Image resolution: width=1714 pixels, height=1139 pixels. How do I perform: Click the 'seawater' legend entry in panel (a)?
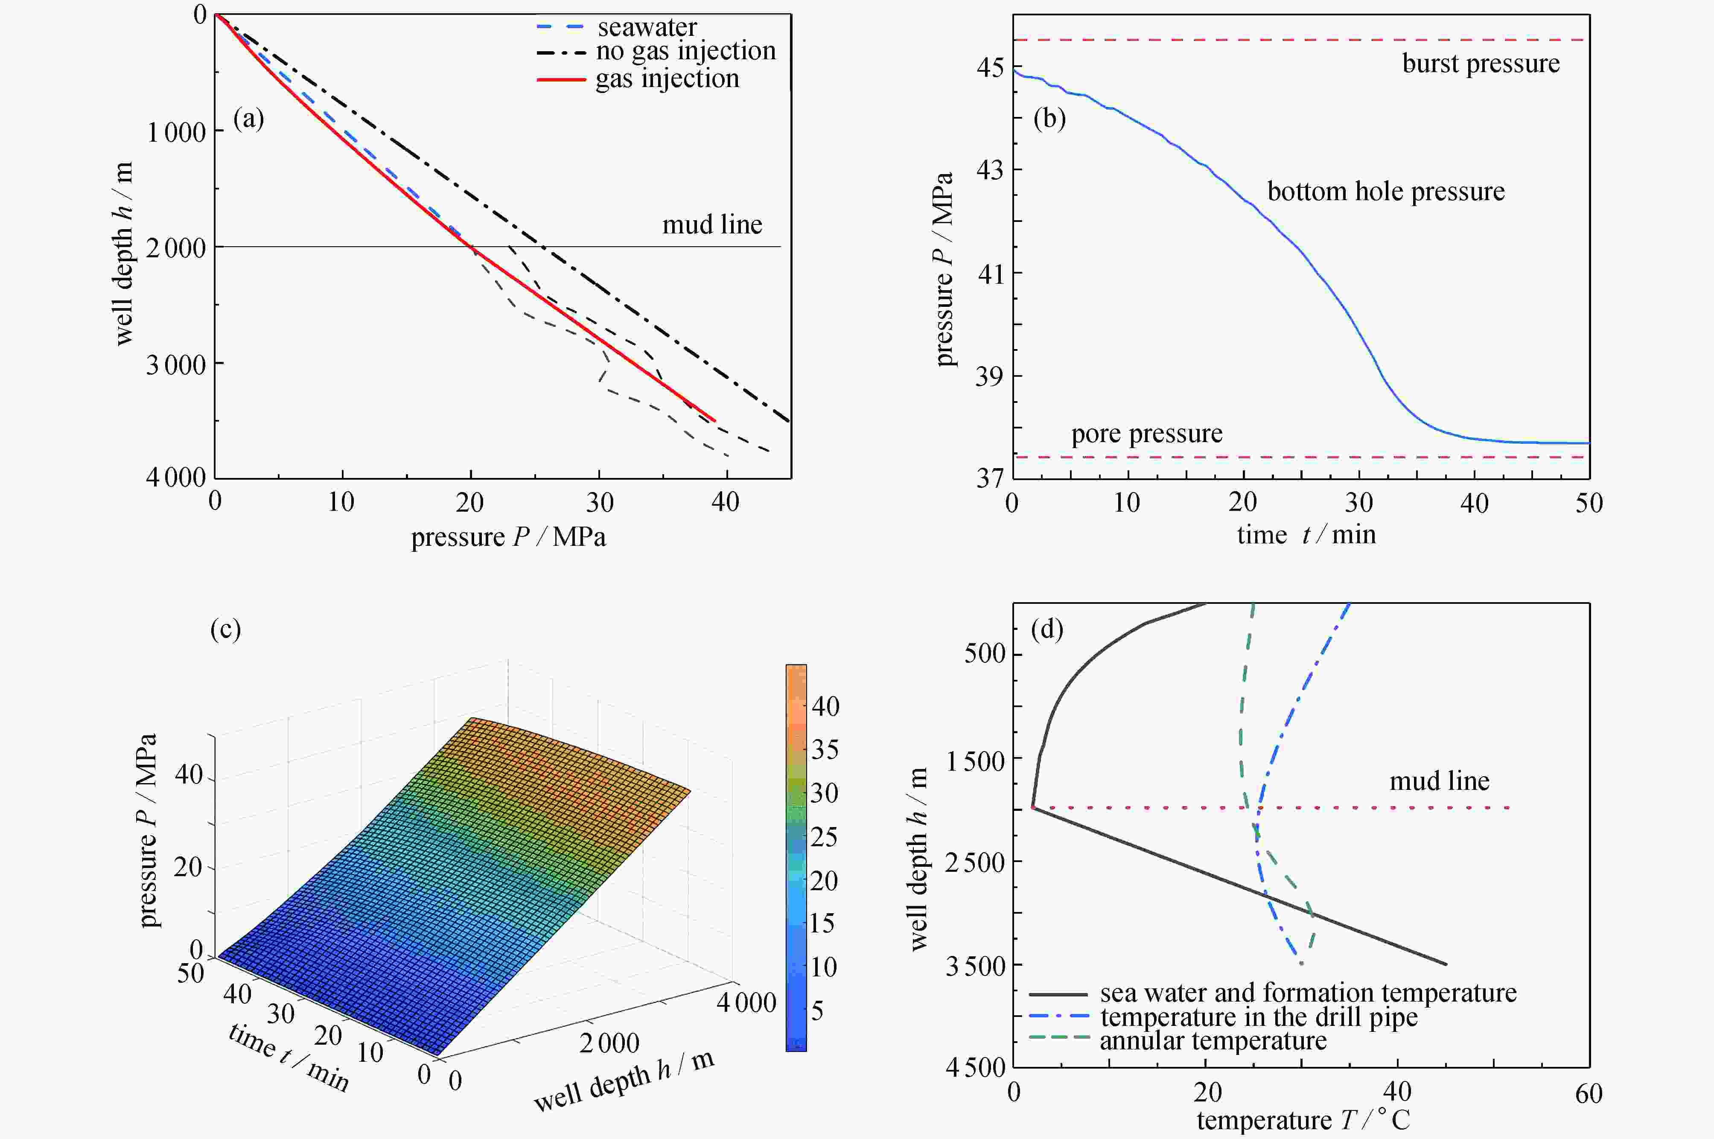[647, 28]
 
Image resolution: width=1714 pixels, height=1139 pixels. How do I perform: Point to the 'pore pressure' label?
[1147, 434]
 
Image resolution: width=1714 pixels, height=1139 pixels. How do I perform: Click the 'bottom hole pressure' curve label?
[1386, 192]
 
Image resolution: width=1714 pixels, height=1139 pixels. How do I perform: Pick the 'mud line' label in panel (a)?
[712, 225]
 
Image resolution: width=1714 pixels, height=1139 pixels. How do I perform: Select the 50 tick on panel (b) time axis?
[1589, 503]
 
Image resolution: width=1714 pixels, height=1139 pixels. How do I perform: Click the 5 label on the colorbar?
[817, 1011]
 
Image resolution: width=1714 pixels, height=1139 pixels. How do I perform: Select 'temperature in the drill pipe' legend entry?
[1259, 1017]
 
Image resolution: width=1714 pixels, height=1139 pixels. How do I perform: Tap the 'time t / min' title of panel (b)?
[1306, 535]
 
